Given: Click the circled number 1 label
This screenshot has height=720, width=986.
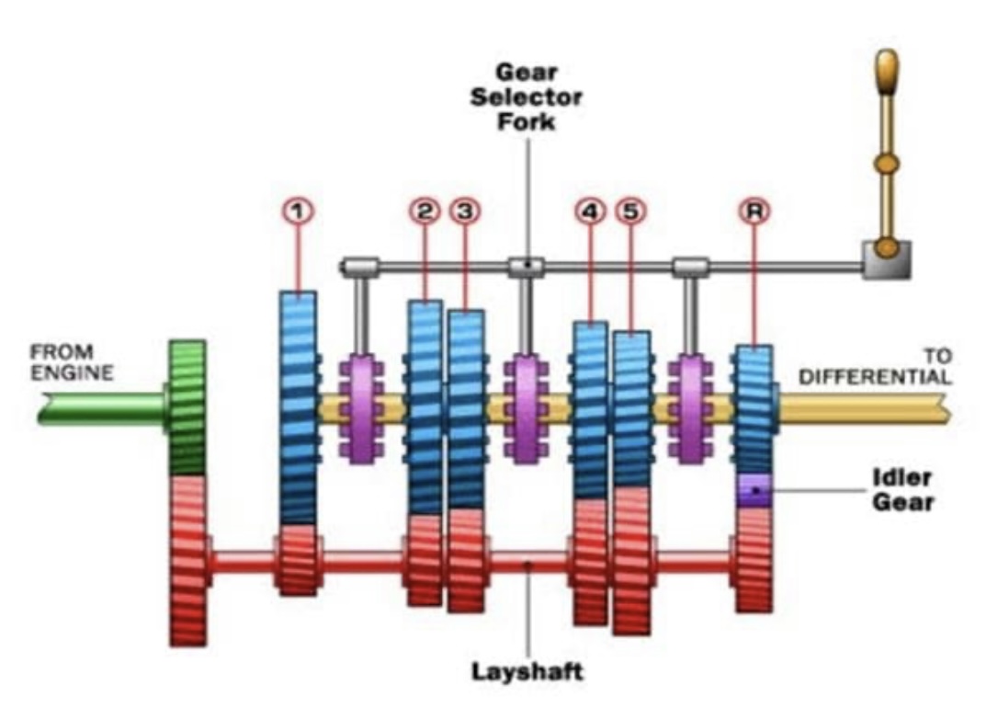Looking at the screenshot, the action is [298, 211].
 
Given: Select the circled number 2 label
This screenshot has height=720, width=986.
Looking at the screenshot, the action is [425, 211].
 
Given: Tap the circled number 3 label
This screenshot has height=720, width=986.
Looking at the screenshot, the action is [465, 211].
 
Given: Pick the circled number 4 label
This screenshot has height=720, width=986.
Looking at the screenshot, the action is [590, 211].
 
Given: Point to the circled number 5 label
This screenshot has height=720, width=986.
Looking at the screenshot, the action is [630, 211].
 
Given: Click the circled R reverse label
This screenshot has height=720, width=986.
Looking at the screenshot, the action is [754, 211].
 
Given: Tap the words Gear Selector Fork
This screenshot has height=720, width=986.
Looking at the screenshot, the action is [527, 97].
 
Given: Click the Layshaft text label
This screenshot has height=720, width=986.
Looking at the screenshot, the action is [527, 671].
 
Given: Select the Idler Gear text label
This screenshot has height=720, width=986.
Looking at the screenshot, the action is [902, 490].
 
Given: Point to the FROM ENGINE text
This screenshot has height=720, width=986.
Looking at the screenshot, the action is [72, 362].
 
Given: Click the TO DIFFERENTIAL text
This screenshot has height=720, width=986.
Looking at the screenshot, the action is [875, 367].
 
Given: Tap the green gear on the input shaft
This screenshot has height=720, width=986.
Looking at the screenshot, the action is [187, 408].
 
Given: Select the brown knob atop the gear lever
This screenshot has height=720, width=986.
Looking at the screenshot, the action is [886, 73].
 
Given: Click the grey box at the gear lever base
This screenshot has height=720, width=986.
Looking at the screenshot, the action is [886, 259].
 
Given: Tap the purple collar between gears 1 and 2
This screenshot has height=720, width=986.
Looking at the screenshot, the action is [361, 409].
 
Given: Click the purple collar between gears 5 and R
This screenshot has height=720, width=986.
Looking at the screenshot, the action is [690, 409].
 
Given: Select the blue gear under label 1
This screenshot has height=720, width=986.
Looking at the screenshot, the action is [298, 408].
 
